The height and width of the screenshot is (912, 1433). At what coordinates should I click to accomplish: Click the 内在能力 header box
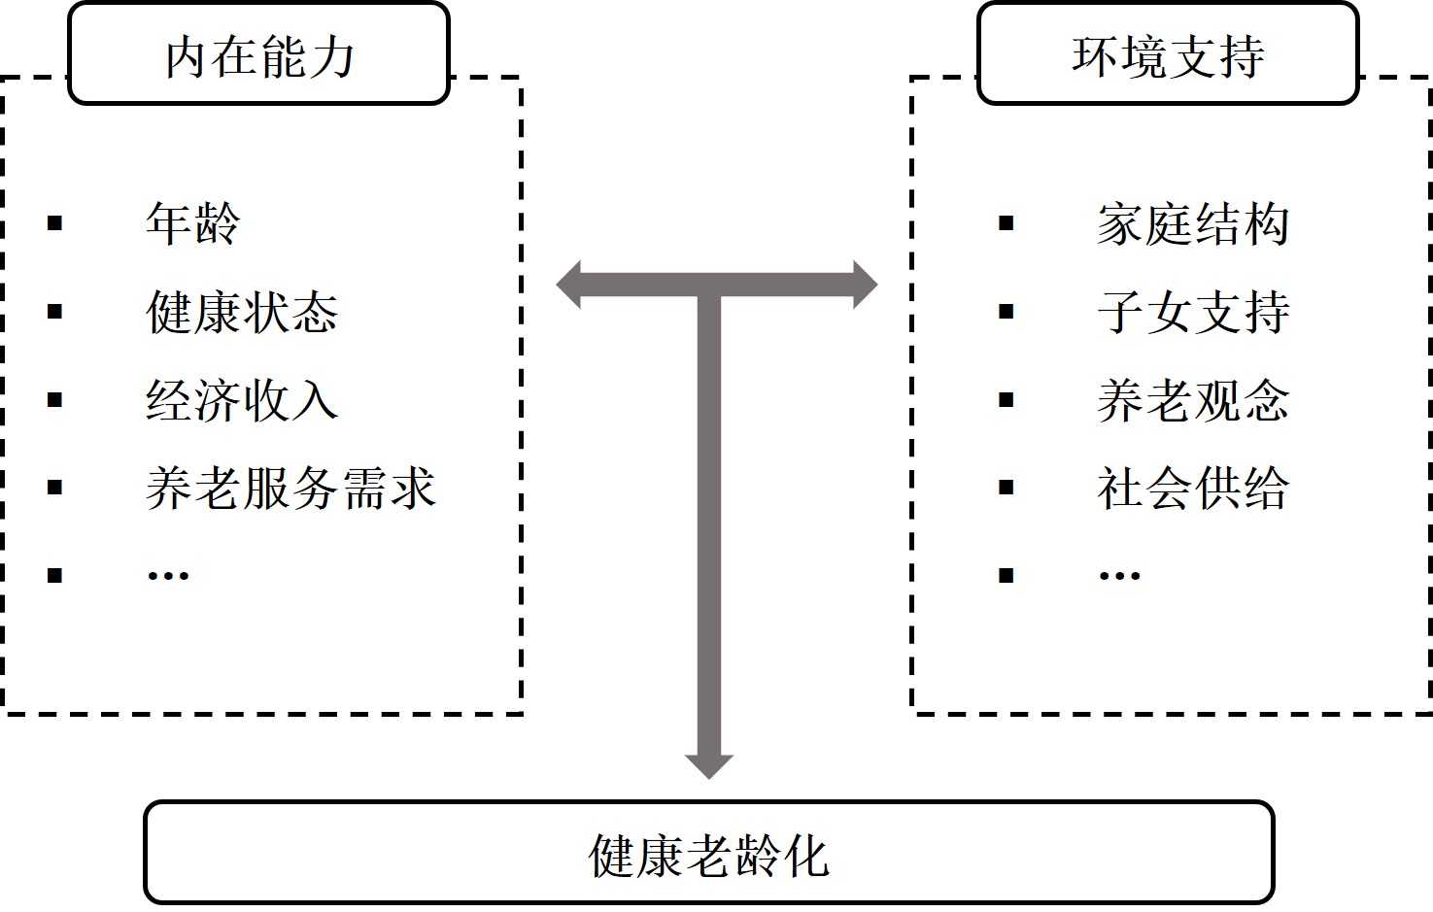pyautogui.click(x=258, y=55)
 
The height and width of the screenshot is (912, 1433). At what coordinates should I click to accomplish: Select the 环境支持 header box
pyautogui.click(x=1167, y=55)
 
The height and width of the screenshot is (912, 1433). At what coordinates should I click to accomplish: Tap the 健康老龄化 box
pyautogui.click(x=708, y=854)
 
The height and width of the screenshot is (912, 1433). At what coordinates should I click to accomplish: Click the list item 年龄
pyautogui.click(x=192, y=224)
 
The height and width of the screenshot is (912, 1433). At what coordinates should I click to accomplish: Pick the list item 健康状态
pyautogui.click(x=241, y=313)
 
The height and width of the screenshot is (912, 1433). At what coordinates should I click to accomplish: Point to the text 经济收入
pyautogui.click(x=241, y=400)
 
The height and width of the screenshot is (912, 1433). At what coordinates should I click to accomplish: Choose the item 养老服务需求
pyautogui.click(x=290, y=488)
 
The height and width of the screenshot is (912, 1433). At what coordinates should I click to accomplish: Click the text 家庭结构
pyautogui.click(x=1192, y=224)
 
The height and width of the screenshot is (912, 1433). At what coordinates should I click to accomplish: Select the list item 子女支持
pyautogui.click(x=1192, y=313)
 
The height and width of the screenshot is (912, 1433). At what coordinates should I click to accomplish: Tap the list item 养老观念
pyautogui.click(x=1192, y=400)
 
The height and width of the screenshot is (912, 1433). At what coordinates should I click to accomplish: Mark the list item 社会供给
pyautogui.click(x=1192, y=488)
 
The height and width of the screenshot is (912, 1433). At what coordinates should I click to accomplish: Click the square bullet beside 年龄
pyautogui.click(x=55, y=224)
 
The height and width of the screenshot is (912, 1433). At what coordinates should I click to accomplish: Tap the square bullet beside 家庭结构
pyautogui.click(x=1007, y=224)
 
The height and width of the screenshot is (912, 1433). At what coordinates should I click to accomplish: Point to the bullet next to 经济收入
pyautogui.click(x=55, y=400)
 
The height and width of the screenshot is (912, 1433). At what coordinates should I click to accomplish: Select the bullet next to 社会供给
pyautogui.click(x=1007, y=488)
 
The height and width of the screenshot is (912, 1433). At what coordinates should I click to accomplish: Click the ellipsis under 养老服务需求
pyautogui.click(x=167, y=575)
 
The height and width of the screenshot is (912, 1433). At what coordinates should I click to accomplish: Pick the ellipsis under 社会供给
pyautogui.click(x=1118, y=575)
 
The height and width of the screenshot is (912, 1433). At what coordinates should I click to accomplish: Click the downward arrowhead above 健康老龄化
pyautogui.click(x=708, y=765)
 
